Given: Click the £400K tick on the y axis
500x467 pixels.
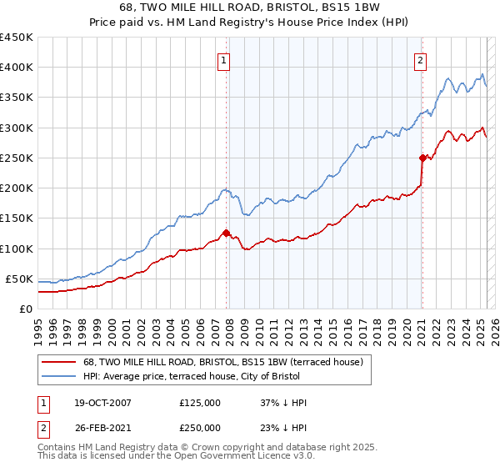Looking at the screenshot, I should pyautogui.click(x=17, y=68).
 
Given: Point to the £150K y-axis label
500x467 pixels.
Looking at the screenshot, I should pyautogui.click(x=17, y=218).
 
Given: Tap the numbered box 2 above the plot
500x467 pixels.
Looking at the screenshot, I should pyautogui.click(x=421, y=59).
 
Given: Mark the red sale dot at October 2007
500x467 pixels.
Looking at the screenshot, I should pyautogui.click(x=226, y=233).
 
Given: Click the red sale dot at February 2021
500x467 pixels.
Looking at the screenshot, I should pyautogui.click(x=422, y=158).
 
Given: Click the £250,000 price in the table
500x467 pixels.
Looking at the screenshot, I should pyautogui.click(x=200, y=428).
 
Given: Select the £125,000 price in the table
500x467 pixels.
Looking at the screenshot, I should pyautogui.click(x=200, y=403).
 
